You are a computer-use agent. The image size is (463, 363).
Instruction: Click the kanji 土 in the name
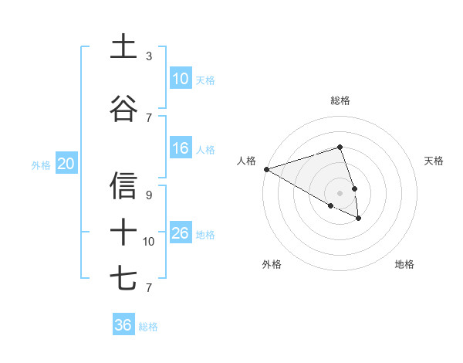coord(123,46)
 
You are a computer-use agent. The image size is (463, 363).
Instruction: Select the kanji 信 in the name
coord(123,186)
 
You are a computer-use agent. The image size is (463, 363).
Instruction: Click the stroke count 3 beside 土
coord(149,56)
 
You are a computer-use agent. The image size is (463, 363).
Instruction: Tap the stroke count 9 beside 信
coord(149,195)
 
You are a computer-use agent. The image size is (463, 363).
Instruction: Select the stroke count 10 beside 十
coord(149,242)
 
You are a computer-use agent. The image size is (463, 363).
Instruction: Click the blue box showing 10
coord(181,79)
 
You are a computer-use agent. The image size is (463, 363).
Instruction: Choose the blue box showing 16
coord(181,148)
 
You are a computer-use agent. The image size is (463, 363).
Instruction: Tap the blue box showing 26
coord(181,233)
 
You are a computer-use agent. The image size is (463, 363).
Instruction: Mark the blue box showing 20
coord(66,164)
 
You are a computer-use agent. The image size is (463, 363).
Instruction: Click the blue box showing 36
coord(123,325)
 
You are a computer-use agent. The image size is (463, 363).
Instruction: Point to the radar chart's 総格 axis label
coord(340,100)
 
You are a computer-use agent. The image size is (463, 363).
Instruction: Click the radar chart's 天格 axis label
coord(434,161)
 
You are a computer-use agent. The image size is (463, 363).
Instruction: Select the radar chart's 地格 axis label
coord(404,264)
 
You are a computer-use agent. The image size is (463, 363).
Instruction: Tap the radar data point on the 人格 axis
coord(266,169)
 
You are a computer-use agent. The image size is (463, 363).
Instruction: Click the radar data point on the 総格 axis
coord(340,147)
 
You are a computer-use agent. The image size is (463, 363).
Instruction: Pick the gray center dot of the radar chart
coord(340,192)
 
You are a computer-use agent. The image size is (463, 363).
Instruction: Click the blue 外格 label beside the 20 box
coord(41,165)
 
